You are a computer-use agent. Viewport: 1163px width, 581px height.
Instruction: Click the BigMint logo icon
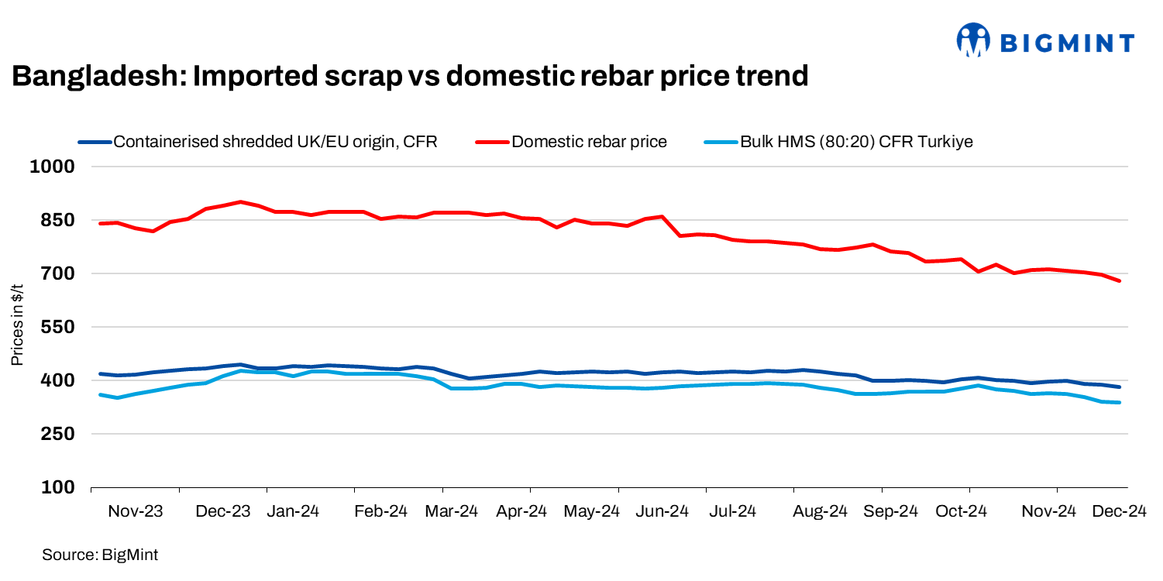tap(974, 40)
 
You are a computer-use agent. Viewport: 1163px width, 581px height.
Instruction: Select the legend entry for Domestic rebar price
tap(589, 142)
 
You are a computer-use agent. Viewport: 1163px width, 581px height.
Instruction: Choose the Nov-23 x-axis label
tap(136, 511)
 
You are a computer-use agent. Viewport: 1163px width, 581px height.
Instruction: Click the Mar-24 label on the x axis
tap(453, 511)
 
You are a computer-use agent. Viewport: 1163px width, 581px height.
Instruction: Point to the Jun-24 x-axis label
tap(663, 511)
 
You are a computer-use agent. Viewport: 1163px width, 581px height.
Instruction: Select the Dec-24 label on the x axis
tap(1120, 511)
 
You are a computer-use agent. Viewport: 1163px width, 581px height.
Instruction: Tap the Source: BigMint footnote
tap(100, 555)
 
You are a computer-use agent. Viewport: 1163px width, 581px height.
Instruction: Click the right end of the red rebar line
tap(1120, 281)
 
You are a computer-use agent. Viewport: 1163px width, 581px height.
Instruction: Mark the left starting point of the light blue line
tap(101, 395)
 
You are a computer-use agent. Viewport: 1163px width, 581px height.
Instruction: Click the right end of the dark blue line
tap(1120, 387)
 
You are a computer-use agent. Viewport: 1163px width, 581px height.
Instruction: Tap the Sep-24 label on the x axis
tap(891, 511)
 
